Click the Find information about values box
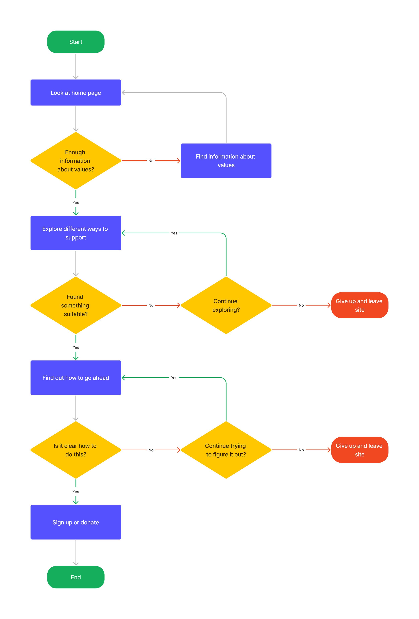coord(226,161)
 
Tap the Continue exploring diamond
coord(226,305)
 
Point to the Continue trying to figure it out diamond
coord(226,450)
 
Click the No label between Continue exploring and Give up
coord(301,305)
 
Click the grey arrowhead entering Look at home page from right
coord(123,92)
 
